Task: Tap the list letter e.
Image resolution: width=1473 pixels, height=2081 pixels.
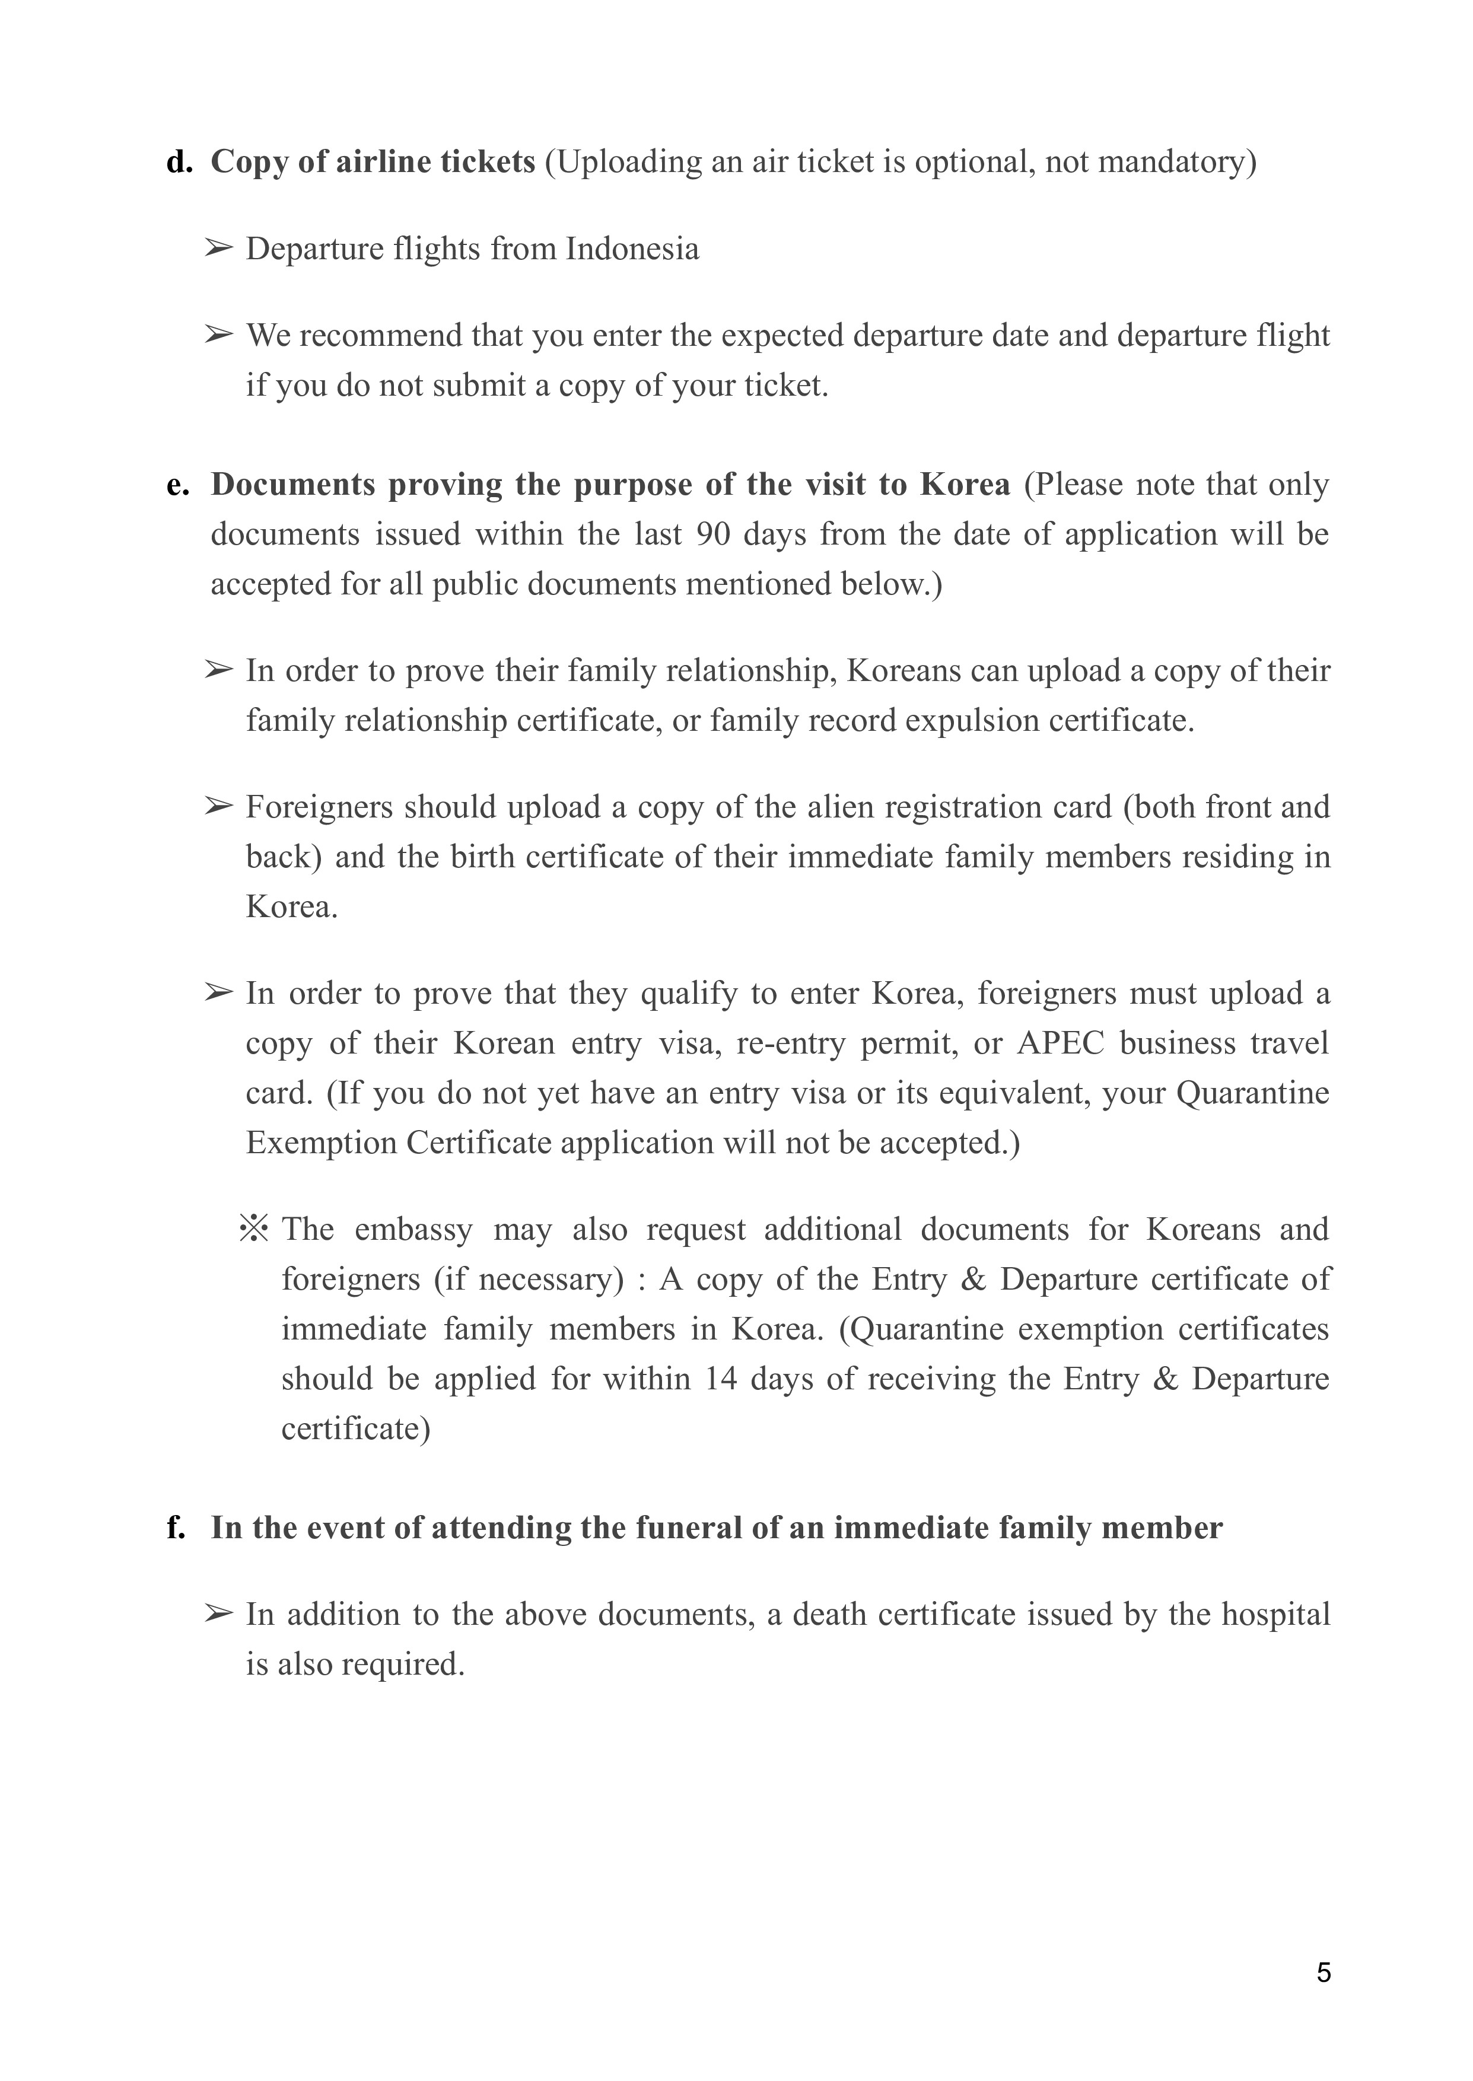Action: click(178, 485)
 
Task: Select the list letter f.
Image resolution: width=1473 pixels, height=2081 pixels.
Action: click(176, 1528)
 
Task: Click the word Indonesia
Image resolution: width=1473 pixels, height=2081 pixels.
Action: click(632, 249)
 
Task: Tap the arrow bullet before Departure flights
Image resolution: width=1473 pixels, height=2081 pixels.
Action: click(218, 247)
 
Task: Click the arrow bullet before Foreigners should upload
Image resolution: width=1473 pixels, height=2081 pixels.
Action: click(218, 806)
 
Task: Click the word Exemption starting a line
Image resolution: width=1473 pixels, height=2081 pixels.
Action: click(321, 1143)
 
